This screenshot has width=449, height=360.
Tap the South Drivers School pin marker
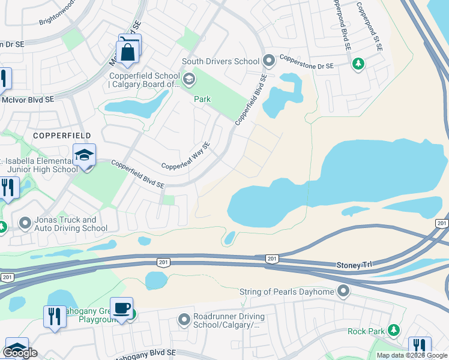pos(269,61)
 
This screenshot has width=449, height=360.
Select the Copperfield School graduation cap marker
pos(189,79)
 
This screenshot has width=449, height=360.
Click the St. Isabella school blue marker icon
pos(85,156)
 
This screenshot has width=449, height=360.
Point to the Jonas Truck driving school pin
pos(25,224)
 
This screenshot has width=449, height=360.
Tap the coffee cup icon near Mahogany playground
pos(122,308)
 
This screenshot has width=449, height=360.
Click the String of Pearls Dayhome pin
pos(343,292)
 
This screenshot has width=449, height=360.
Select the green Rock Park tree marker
pos(394,331)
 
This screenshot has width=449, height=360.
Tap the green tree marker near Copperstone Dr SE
pos(358,63)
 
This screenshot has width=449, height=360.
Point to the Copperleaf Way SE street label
pos(185,157)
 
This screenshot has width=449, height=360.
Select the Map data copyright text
pos(412,355)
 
